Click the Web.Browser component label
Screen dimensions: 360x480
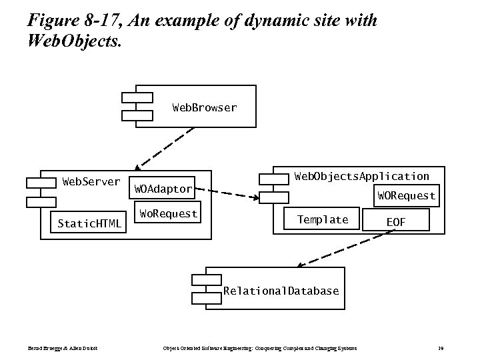[x=204, y=107]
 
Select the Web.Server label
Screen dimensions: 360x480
[x=91, y=181]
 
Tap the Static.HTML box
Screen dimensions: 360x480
[x=89, y=223]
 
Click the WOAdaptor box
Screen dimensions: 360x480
[x=163, y=189]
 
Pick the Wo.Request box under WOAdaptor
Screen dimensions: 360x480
[x=167, y=213]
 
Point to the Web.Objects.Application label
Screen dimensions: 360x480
[x=361, y=176]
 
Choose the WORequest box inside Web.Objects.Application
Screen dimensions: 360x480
[x=406, y=196]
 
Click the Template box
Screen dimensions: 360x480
[x=323, y=219]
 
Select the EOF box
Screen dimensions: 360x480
[x=395, y=222]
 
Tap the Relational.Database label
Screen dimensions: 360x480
[x=281, y=291]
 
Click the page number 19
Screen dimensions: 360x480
[x=441, y=349]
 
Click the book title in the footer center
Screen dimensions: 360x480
[x=260, y=349]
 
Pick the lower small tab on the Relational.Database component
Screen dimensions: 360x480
[x=205, y=297]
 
